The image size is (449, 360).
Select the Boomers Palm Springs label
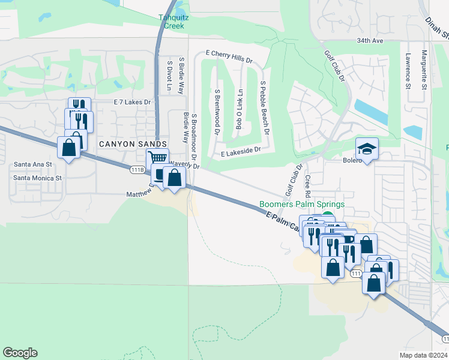point(302,205)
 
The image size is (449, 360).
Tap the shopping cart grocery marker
point(157,159)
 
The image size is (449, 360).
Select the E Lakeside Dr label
point(240,154)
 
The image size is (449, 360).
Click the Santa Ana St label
point(33,164)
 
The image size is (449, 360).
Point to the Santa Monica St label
point(37,178)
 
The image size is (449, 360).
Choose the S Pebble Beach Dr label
point(264,109)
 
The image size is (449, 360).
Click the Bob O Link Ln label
point(240,109)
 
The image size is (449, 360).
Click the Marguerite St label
point(424,70)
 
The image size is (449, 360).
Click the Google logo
point(20,353)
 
